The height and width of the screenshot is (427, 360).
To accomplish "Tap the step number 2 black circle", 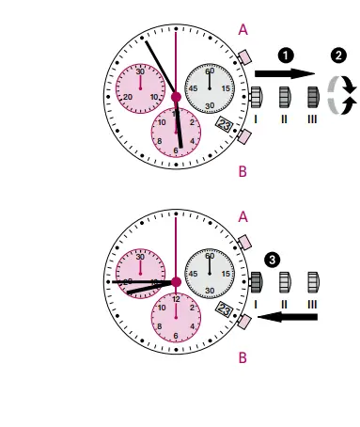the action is pos(337,55).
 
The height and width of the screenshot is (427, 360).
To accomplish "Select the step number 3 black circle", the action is pos(273,258).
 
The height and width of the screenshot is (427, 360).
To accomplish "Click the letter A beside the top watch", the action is pos(243,30).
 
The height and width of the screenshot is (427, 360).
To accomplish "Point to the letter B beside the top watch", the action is pos(243,171).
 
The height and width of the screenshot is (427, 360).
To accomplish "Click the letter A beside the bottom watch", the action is pos(243,216).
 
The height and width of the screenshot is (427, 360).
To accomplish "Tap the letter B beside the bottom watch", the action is pos(243,357).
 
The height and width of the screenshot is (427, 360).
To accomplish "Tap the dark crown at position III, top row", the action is pos(315,96).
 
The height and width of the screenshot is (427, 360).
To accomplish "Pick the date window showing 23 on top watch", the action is pos(224,123).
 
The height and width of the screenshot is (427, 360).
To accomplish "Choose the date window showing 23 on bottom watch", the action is pos(224,309).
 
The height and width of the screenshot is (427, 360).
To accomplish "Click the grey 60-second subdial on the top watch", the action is pos(209,87).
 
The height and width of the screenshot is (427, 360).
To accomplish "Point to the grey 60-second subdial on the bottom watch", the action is pos(209,272).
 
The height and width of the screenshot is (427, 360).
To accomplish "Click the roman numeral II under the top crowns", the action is pos(286,119).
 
